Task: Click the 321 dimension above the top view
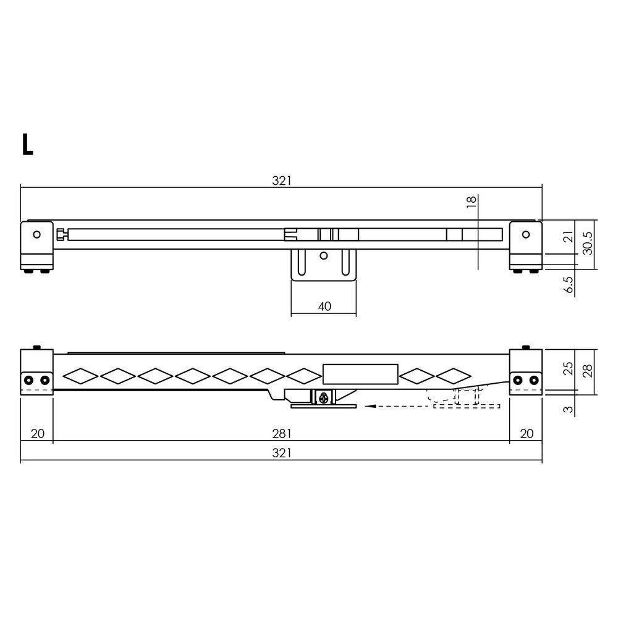(281, 180)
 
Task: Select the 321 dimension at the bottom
(281, 453)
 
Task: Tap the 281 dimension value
(281, 433)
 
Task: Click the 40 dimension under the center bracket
(324, 306)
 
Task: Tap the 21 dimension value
(569, 236)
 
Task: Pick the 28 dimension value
(588, 370)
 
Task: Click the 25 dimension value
(569, 370)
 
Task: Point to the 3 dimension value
(569, 408)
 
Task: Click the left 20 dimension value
(37, 433)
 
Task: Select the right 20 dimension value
(526, 433)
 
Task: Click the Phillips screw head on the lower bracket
(323, 399)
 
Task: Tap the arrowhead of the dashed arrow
(369, 406)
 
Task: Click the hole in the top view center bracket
(323, 255)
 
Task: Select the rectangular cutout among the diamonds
(360, 375)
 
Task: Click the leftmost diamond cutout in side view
(80, 375)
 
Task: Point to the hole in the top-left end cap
(36, 234)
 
